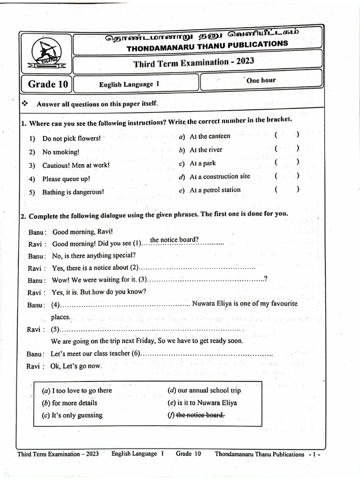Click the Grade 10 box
click(x=48, y=85)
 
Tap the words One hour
click(x=261, y=80)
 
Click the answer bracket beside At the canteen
click(x=286, y=135)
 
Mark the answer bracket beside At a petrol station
click(x=286, y=190)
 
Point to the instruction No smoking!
click(x=60, y=152)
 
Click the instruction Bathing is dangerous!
click(x=73, y=192)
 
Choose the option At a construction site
click(x=219, y=177)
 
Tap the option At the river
click(x=206, y=150)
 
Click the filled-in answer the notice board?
click(x=174, y=240)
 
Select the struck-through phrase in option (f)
click(x=200, y=415)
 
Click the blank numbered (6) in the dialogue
click(x=206, y=353)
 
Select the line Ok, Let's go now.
click(x=75, y=366)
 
